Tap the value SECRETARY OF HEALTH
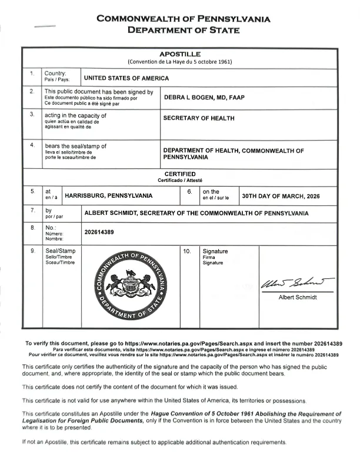(198, 118)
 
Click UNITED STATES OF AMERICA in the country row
(126, 78)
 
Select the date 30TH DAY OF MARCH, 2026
(281, 195)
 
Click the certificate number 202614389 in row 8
(99, 232)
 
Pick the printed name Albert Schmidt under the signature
(297, 298)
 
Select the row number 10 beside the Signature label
(187, 251)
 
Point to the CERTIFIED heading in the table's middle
(179, 174)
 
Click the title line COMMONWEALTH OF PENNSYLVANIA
(184, 18)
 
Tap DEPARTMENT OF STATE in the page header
(184, 30)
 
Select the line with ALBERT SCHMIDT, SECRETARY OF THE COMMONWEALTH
(196, 212)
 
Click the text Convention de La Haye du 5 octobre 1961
(179, 62)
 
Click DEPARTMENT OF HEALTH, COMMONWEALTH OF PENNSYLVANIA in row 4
(234, 154)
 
